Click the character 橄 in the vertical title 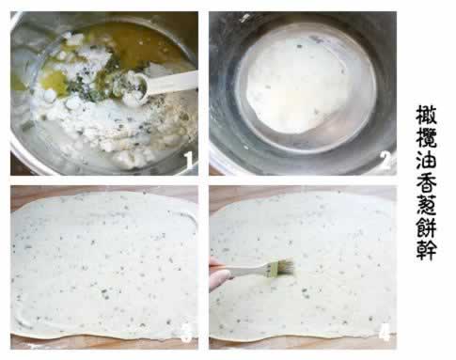(x=426, y=115)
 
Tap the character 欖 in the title (x=426, y=137)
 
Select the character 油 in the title (x=426, y=160)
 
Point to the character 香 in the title (x=426, y=182)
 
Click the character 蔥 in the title (x=426, y=205)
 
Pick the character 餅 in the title (x=426, y=227)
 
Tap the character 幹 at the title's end (x=426, y=250)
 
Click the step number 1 (x=188, y=161)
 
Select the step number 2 (x=385, y=162)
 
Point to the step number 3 (x=186, y=333)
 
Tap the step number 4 (x=385, y=332)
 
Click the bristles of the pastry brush (x=284, y=268)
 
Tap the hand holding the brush (x=218, y=274)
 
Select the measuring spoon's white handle (x=172, y=81)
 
